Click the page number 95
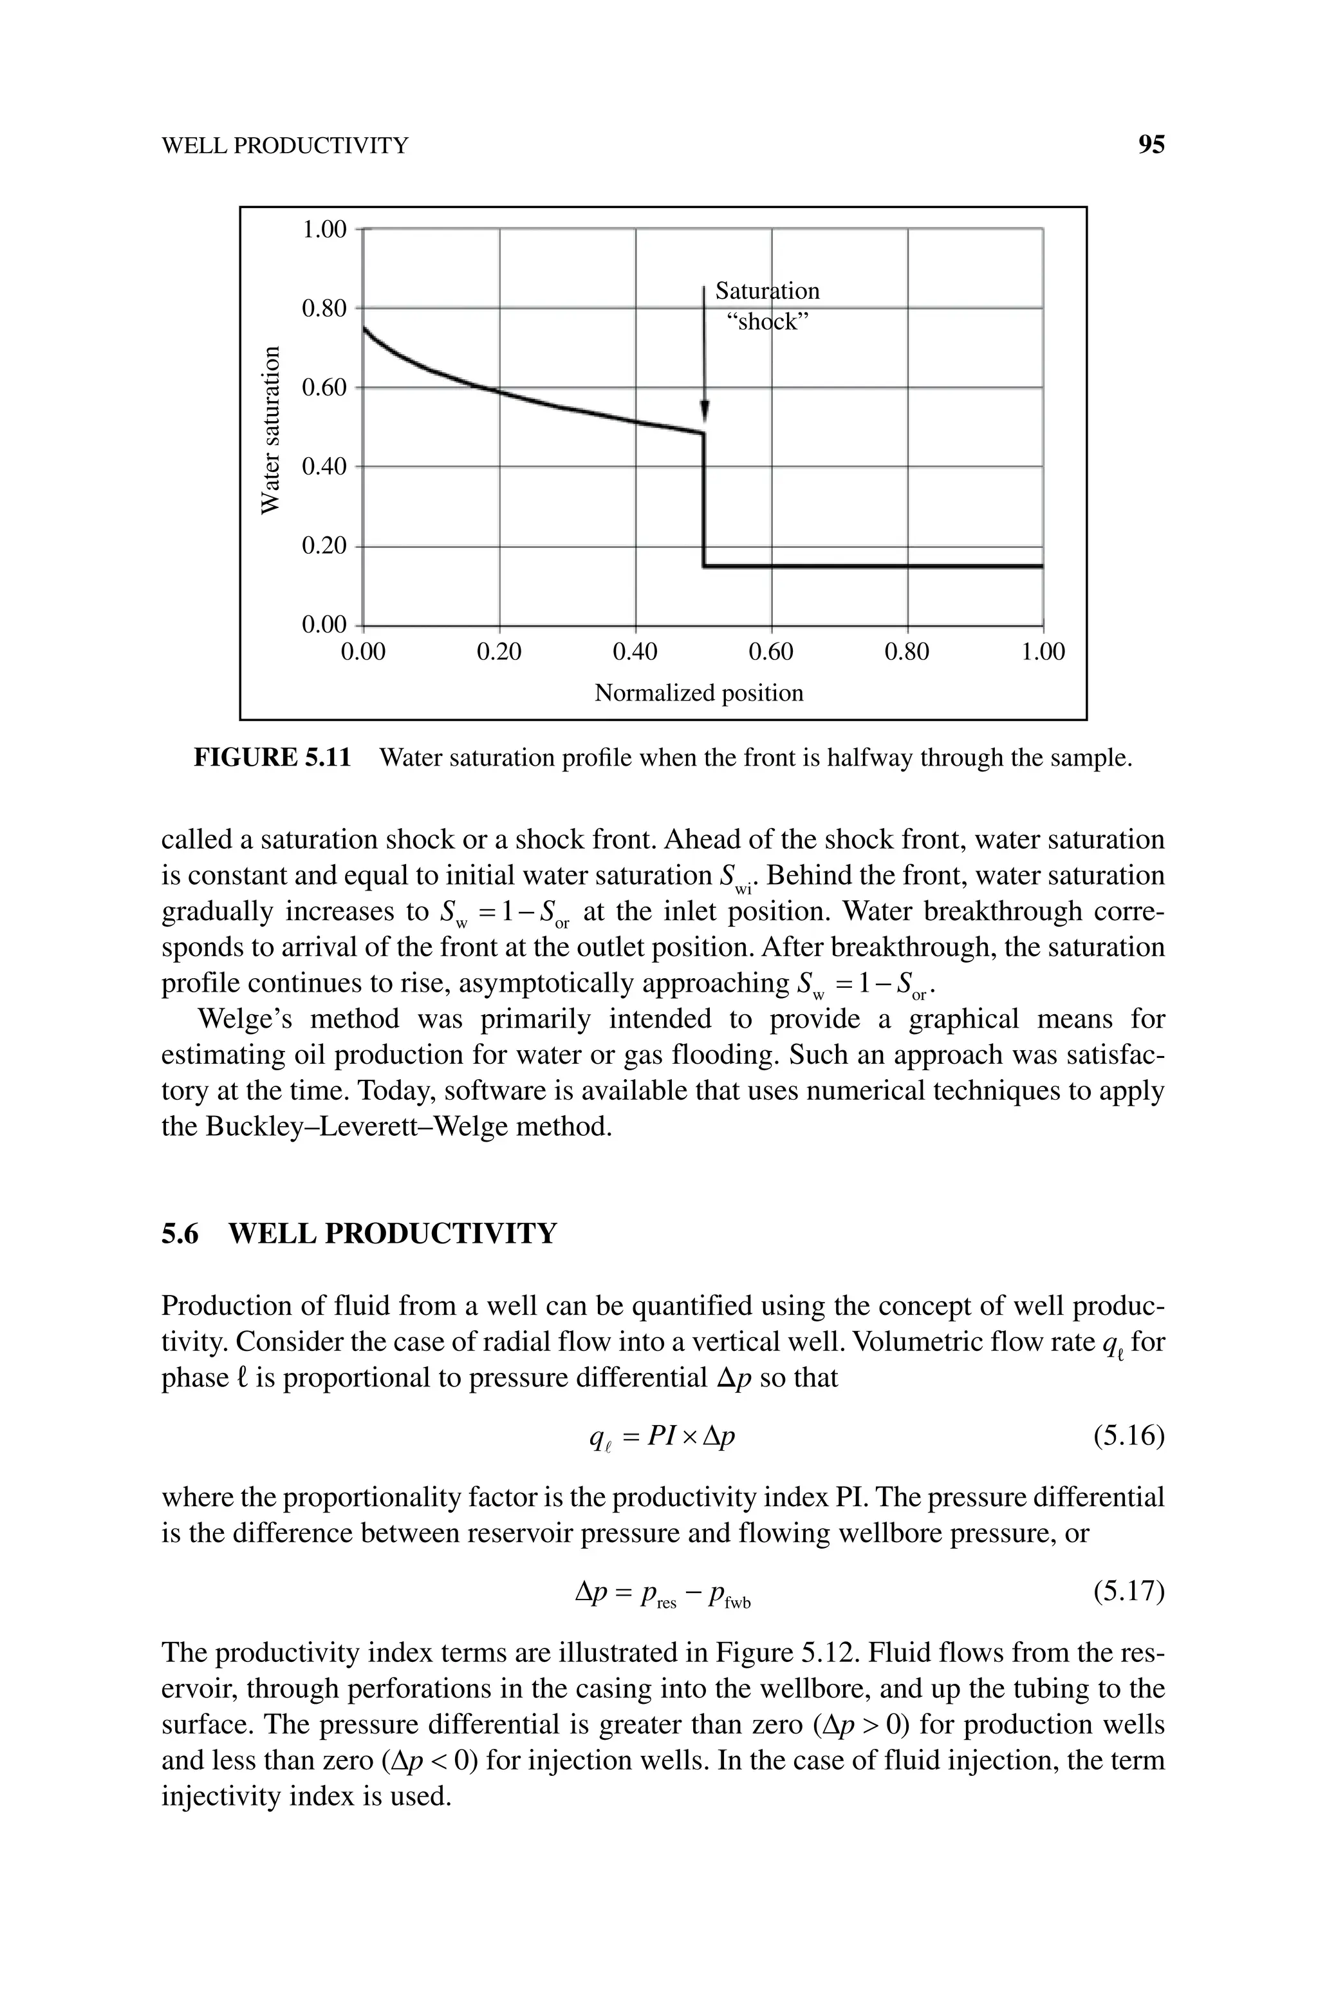1151,145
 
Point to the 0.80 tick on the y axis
324,308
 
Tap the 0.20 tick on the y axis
324,545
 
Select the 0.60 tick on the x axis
771,652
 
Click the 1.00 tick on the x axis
1043,652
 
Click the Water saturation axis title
269,429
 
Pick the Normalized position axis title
698,693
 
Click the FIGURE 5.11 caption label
272,757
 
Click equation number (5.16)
1128,1436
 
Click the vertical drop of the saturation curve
705,500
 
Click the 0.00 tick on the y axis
324,625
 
